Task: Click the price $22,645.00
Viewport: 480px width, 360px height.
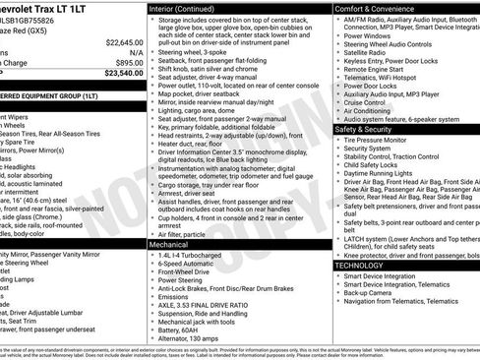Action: coord(125,43)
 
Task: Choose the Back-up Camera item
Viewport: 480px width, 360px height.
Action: coord(371,293)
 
